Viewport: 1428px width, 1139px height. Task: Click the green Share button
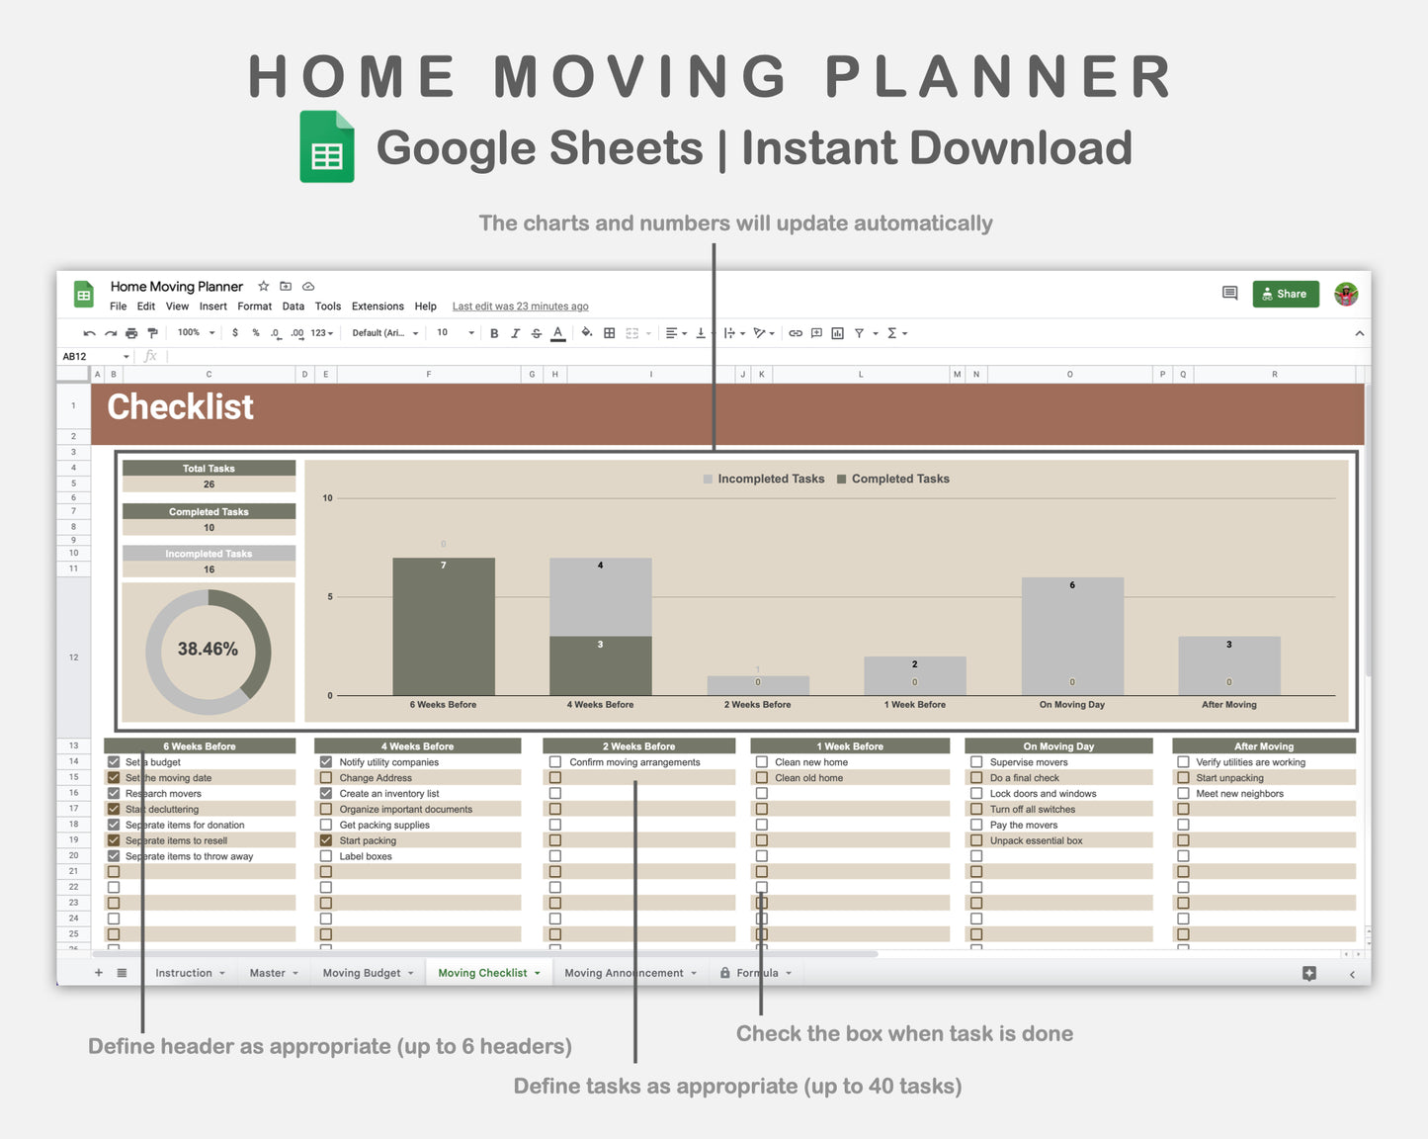[x=1285, y=294]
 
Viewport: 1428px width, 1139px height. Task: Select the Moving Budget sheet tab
[x=362, y=973]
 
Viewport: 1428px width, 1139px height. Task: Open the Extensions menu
[x=378, y=307]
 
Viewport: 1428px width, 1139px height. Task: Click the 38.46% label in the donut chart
[x=208, y=649]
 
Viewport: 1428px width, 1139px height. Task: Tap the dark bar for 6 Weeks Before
[x=444, y=626]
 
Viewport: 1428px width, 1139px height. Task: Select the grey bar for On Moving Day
[x=1072, y=633]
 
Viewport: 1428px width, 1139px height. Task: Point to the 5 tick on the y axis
[x=329, y=597]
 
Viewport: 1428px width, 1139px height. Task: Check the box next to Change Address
[x=326, y=778]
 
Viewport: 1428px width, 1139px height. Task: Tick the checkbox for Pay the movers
[x=976, y=825]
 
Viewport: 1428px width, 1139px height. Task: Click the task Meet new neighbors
[x=1239, y=794]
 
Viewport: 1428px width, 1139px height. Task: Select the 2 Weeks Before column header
[x=638, y=746]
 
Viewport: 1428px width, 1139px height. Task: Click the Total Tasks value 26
[x=209, y=484]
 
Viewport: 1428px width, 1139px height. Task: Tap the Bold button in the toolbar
[x=494, y=333]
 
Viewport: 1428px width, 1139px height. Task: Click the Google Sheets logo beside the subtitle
[x=327, y=146]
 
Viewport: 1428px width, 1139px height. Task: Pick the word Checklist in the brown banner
[x=180, y=407]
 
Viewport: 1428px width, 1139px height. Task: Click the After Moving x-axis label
[x=1228, y=705]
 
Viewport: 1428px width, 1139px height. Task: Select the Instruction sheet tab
[x=184, y=973]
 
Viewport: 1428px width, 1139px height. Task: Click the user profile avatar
[x=1345, y=294]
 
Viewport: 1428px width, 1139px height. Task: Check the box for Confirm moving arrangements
[x=555, y=762]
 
